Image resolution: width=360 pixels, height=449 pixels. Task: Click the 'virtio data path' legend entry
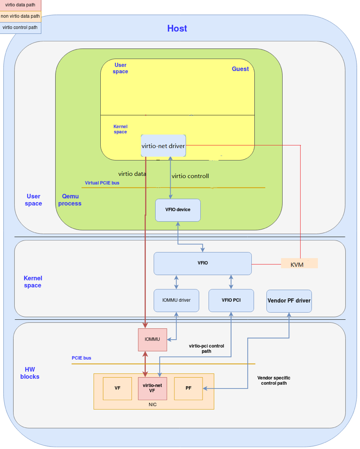coord(20,5)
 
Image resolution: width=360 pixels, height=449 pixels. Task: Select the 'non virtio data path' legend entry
coord(20,17)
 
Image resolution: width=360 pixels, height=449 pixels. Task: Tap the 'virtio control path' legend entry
coord(20,27)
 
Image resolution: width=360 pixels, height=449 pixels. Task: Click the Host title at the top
coord(177,28)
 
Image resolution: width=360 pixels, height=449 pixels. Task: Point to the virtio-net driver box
coord(163,146)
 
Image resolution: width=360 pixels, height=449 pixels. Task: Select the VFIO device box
coord(178,210)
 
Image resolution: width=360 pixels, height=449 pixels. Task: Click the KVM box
coord(299,264)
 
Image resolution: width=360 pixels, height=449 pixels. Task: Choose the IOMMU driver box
coord(176,300)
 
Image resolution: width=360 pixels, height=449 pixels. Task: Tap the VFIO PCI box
coord(231,300)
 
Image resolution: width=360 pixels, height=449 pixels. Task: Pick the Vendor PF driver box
coord(289,301)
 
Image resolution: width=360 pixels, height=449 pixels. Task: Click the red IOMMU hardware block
coord(152,339)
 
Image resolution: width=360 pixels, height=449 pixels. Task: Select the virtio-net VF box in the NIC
coord(152,388)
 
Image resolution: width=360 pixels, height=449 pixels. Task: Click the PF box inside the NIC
coord(188,388)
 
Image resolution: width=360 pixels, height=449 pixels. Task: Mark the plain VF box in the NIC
coord(117,388)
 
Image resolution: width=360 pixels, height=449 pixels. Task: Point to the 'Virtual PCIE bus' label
coord(102,183)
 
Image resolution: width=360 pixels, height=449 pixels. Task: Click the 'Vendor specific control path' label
coord(273,380)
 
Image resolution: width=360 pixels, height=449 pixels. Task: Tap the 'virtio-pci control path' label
coord(206,348)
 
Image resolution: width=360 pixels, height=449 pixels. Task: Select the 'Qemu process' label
coord(70,200)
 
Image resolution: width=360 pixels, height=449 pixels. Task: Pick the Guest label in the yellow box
coord(240,69)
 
